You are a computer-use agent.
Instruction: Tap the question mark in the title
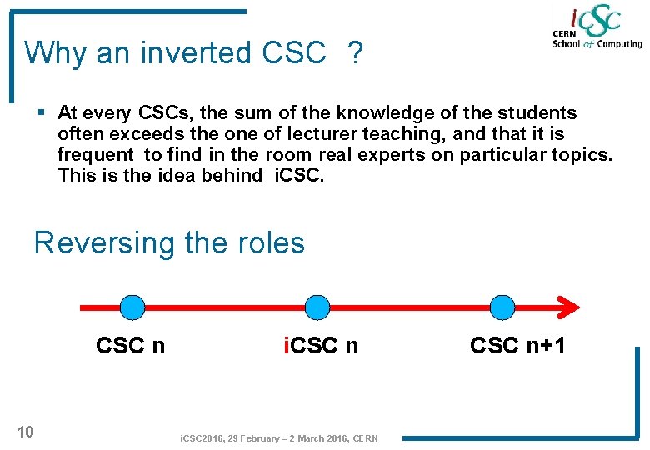click(356, 54)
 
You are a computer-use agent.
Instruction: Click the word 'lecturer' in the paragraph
click(327, 134)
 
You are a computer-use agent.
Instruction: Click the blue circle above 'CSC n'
click(132, 307)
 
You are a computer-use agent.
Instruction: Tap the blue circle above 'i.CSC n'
click(317, 307)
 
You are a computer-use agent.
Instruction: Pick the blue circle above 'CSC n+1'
click(502, 307)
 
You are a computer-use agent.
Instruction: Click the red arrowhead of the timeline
click(569, 307)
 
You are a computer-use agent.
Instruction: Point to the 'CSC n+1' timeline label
click(517, 346)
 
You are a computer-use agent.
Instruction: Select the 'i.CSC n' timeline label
click(321, 346)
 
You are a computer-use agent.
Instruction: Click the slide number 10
click(26, 432)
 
